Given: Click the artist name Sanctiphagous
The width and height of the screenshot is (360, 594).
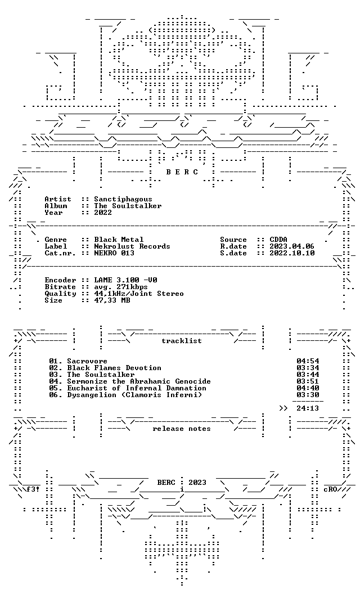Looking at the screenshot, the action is pos(123,200).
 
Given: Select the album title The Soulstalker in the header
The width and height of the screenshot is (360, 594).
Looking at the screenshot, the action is pos(128,206).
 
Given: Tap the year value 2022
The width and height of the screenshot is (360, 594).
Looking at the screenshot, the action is pos(103,213).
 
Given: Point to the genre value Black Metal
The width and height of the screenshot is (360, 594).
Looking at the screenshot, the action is pos(119,240).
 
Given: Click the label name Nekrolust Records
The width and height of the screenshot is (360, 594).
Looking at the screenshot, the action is pos(132,246).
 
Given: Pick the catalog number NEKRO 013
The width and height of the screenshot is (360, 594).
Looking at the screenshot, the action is pos(114,254).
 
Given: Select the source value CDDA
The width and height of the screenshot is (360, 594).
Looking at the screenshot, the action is pos(278,240).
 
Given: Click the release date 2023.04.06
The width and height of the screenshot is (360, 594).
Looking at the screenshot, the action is pos(292,246).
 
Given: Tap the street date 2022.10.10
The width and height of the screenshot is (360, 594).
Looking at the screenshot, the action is pos(292,254).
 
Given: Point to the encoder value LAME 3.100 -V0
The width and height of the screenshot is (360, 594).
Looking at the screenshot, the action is pos(125,280).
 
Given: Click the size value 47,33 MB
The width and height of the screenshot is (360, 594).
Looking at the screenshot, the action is pos(112,300).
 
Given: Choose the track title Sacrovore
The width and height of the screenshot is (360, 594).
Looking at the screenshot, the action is pos(87,361).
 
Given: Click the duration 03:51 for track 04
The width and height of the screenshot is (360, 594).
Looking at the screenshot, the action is pos(308,381).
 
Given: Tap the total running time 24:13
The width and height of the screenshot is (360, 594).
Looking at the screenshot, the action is pos(308,408).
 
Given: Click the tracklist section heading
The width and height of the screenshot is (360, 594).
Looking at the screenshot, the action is pos(182,341).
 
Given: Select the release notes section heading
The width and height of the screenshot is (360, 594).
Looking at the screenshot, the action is pos(182,429).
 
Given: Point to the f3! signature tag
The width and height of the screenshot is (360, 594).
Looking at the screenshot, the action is pos(32,489).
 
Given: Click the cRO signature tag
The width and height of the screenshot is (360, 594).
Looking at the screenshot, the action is pos(330,489).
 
